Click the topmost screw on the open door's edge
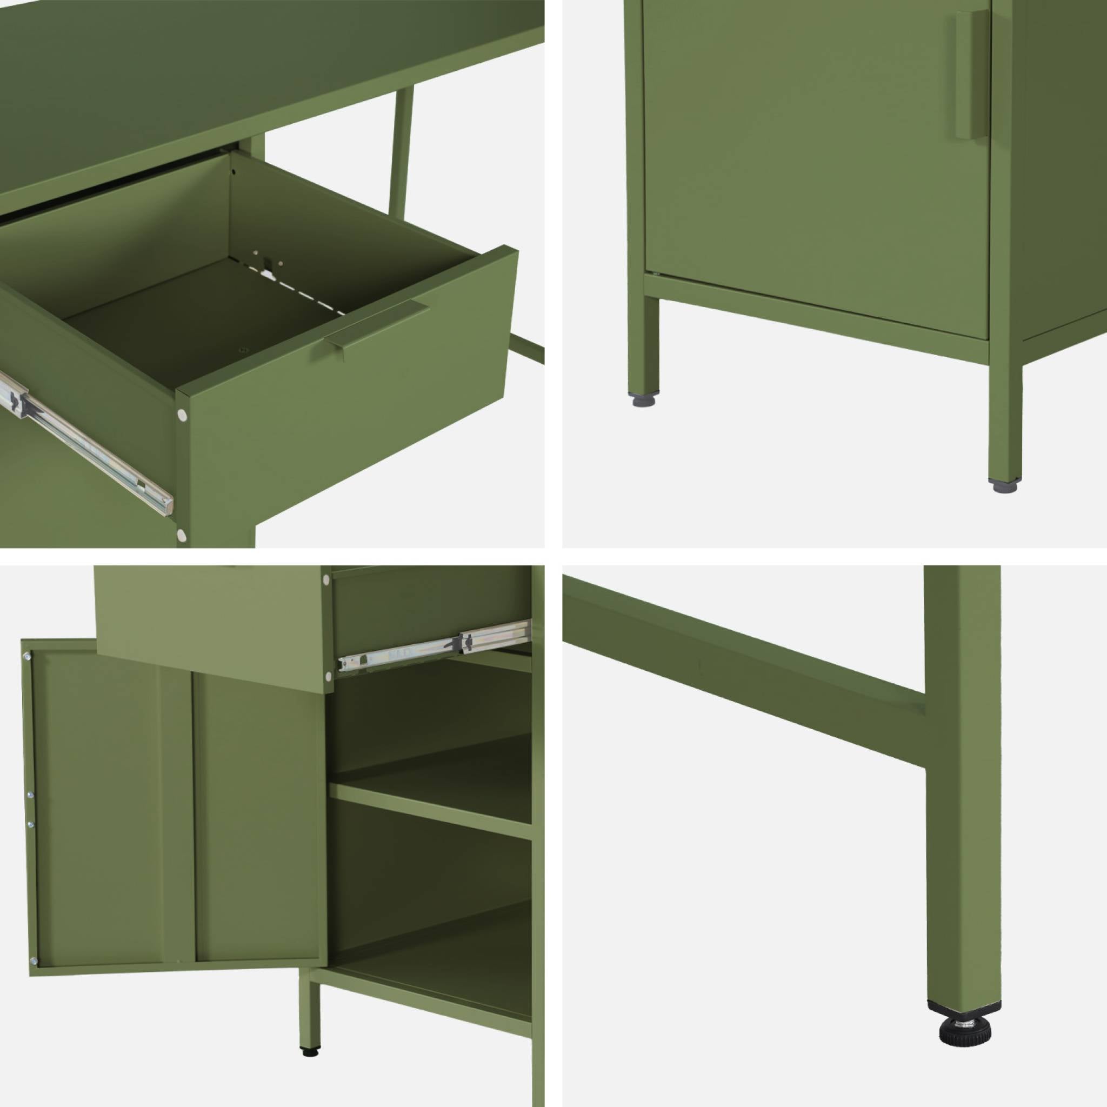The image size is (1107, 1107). click(x=26, y=657)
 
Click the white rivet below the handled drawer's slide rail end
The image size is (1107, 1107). click(x=182, y=536)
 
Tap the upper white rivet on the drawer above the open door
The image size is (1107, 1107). click(x=326, y=581)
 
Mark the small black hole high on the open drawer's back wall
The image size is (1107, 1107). click(x=233, y=171)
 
